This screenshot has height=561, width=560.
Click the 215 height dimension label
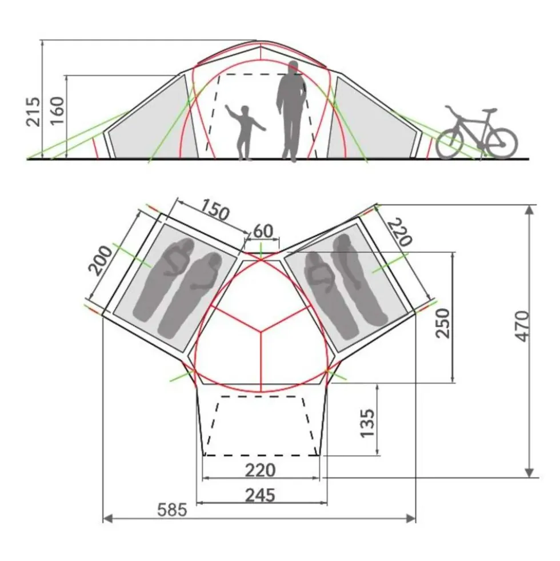pyautogui.click(x=33, y=112)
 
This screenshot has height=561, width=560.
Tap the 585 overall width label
pyautogui.click(x=173, y=510)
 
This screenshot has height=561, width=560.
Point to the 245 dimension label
pyautogui.click(x=261, y=496)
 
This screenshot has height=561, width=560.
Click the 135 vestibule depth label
pyautogui.click(x=367, y=423)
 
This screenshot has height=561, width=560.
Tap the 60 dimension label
pyautogui.click(x=263, y=232)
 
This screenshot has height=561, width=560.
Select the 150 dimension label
pyautogui.click(x=214, y=210)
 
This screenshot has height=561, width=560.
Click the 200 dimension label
pyautogui.click(x=101, y=260)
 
